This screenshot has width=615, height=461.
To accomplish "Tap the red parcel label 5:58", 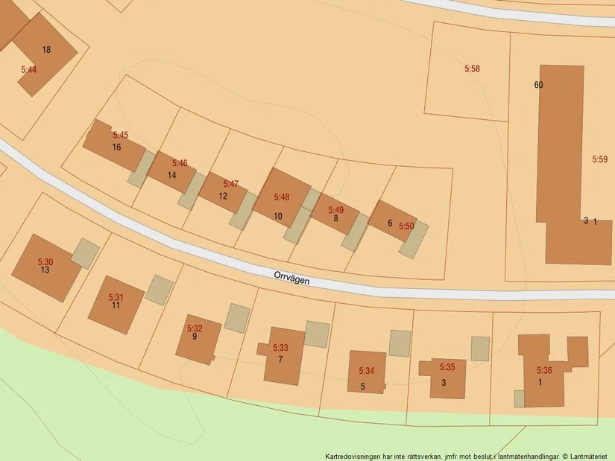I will pos(472,69).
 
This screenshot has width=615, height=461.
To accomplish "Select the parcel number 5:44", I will pos(28,69).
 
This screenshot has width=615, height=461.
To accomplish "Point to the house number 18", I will pos(46,50).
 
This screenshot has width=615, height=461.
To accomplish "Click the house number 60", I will pos(538,85).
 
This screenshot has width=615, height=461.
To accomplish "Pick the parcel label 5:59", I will pos(600,159).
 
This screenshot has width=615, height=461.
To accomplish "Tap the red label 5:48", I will pos(282,197).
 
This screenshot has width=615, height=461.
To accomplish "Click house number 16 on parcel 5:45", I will pos(116,147).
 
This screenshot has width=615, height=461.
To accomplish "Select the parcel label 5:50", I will pos(406,226).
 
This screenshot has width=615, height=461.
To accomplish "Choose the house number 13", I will pos(45,270).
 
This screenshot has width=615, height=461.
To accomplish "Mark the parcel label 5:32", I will pos(195,328).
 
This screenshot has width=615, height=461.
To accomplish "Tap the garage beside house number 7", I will pos(317,334).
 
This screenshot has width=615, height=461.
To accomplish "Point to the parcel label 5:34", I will pos(366,370).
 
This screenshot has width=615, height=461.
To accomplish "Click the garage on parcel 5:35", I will pos(480,349).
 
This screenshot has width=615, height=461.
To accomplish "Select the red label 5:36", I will pos(544,369).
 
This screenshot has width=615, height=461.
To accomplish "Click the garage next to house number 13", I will pos(85,253).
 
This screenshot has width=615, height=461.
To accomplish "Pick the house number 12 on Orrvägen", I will pos(223,196).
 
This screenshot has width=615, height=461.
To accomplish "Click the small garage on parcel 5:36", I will pos(519,398).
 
